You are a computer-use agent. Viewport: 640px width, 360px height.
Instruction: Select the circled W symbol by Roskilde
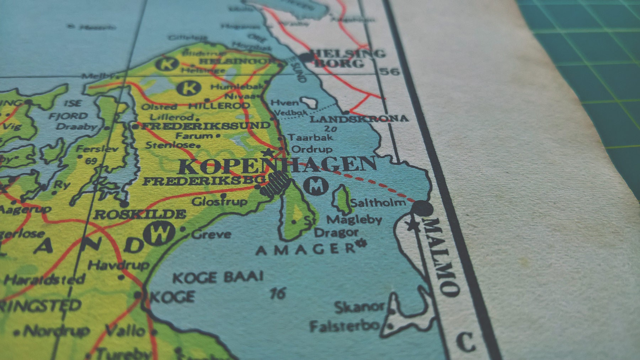pos(159,233)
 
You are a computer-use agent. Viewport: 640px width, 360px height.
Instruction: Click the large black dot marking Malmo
pos(422,208)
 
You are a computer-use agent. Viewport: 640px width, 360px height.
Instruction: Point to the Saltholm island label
pos(378,203)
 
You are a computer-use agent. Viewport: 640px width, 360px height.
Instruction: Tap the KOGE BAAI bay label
pos(218,277)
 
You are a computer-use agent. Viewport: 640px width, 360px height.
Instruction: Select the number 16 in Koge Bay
pos(278,294)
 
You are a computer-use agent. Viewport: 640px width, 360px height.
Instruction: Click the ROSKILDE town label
pos(139,214)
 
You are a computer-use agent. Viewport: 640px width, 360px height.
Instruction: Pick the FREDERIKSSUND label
pos(206,126)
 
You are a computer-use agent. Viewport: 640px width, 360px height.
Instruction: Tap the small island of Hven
pos(309,103)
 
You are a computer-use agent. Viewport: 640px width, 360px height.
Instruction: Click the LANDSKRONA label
pos(358,119)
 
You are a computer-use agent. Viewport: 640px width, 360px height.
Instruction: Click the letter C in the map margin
pos(465,341)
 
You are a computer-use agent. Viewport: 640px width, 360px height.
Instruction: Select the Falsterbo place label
pos(344,326)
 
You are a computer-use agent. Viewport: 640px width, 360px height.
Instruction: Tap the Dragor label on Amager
pos(336,233)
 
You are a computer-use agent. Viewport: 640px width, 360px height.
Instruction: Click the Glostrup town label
pos(219,202)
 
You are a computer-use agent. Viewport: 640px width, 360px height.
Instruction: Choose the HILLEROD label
pos(219,106)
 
